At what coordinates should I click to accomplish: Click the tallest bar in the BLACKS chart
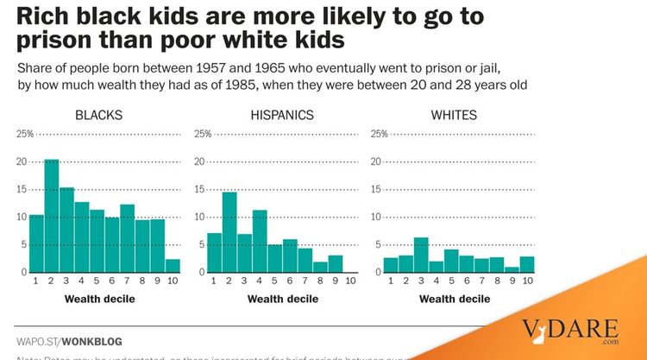pyautogui.click(x=51, y=216)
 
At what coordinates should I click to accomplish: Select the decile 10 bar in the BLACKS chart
pyautogui.click(x=173, y=266)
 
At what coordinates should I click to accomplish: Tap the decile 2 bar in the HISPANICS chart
pyautogui.click(x=229, y=231)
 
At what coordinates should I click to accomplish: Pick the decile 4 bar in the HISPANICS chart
pyautogui.click(x=260, y=241)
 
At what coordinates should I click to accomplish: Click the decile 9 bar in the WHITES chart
pyautogui.click(x=512, y=269)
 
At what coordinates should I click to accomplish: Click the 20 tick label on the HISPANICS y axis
pyautogui.click(x=202, y=161)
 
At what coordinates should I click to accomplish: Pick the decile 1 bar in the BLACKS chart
pyautogui.click(x=36, y=243)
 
